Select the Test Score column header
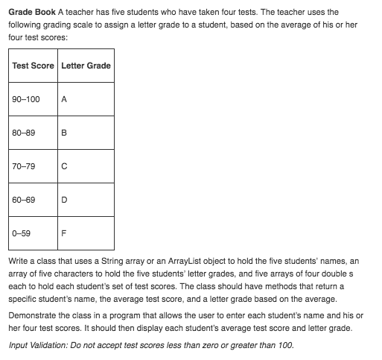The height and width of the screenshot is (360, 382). [x=34, y=66]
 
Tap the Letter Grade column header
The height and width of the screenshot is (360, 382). [x=86, y=66]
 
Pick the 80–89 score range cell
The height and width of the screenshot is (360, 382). [x=24, y=133]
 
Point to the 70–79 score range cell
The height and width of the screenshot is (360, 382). [x=24, y=167]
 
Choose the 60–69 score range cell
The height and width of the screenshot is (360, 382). [x=24, y=200]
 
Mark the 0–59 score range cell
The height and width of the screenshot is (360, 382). [x=22, y=234]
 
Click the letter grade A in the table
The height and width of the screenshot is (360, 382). [x=64, y=99]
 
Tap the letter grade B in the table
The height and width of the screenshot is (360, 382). [x=64, y=133]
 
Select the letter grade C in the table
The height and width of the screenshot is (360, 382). [x=64, y=167]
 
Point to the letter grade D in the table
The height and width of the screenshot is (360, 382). [x=64, y=200]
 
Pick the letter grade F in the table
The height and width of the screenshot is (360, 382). [x=64, y=234]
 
